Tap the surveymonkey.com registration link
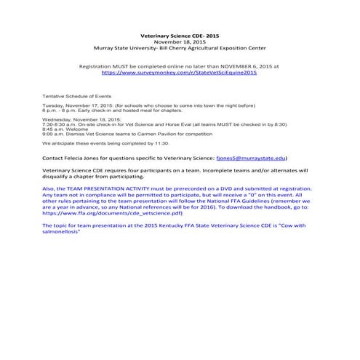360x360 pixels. [179, 73]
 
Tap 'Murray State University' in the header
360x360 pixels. [115, 47]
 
